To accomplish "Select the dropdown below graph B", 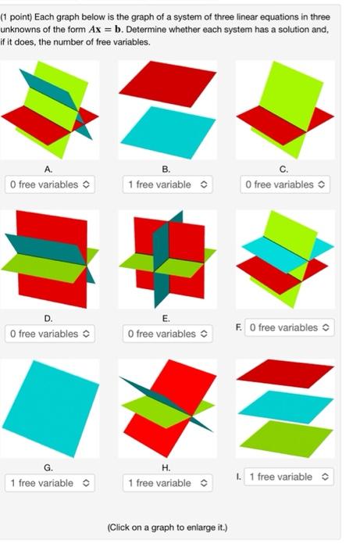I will coord(166,185).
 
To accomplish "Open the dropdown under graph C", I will coord(285,185).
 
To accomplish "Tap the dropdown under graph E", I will coord(166,334).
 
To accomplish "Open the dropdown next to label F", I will coord(289,327).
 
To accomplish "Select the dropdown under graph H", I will coord(166,483).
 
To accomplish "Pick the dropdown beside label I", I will coord(289,477).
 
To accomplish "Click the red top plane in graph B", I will coord(167,80).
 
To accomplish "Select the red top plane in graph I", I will coord(284,373).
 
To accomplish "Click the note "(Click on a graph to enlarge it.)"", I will coord(167,527).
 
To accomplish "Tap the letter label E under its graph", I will coord(166,317).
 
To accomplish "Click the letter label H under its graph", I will coord(166,467).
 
